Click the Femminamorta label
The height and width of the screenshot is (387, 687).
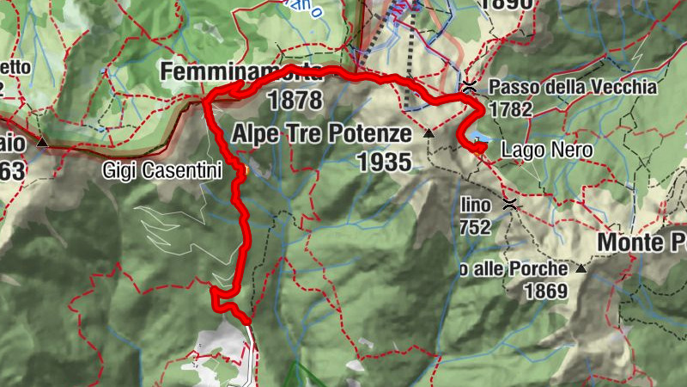[x=241, y=71]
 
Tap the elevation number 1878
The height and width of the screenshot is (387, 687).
[x=295, y=101]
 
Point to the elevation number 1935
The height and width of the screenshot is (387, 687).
[x=384, y=161]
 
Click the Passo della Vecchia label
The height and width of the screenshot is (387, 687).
[x=573, y=87]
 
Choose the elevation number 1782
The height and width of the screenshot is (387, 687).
[x=512, y=109]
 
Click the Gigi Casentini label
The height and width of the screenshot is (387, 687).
[x=161, y=170]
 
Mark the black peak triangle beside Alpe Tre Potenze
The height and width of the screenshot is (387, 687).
[x=429, y=133]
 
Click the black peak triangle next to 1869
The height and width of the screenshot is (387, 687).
[x=581, y=268]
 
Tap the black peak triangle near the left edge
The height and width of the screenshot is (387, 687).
[x=41, y=141]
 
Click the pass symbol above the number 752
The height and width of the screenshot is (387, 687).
[x=509, y=204]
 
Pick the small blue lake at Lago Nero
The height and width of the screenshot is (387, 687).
[x=483, y=138]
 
